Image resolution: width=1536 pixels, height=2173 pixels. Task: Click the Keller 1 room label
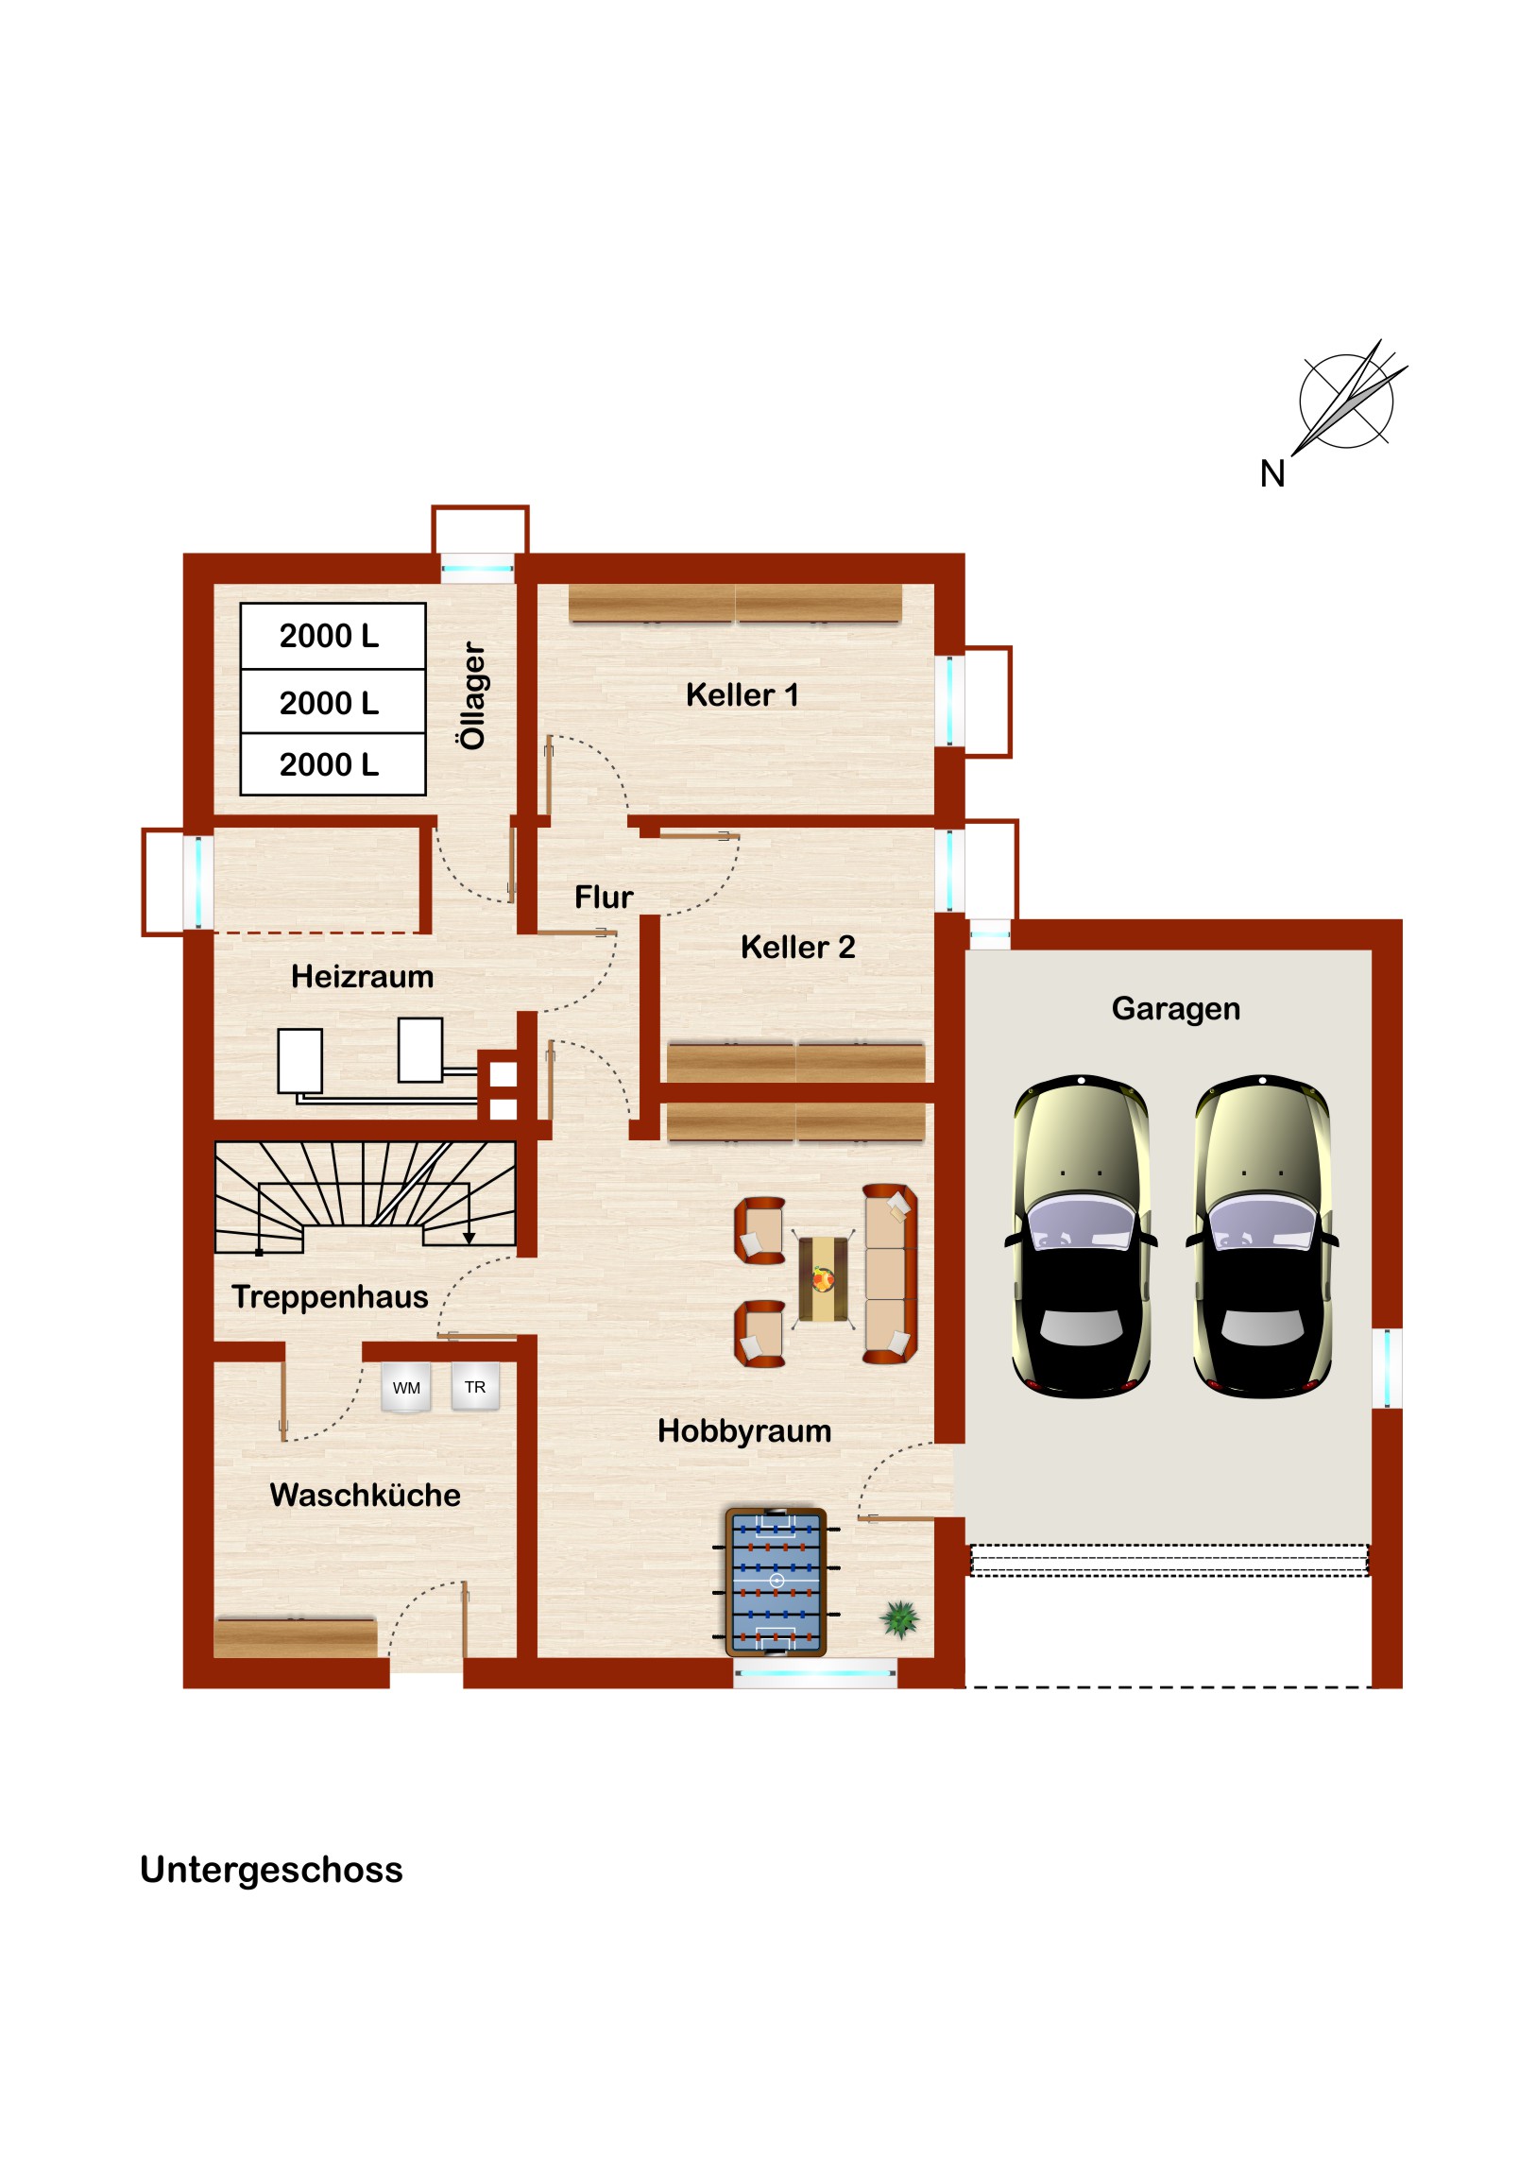(742, 694)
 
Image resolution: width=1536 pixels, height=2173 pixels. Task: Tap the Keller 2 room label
(798, 947)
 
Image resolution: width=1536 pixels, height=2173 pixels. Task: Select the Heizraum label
(363, 976)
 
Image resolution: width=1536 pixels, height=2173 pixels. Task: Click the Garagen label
(1175, 1009)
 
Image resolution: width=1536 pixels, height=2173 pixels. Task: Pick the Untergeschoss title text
(272, 1870)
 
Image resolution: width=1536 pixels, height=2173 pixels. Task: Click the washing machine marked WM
(406, 1388)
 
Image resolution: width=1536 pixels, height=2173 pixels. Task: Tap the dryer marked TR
(475, 1387)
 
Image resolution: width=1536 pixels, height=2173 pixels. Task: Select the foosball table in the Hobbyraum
(777, 1582)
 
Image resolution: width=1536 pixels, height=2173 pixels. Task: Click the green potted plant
(900, 1619)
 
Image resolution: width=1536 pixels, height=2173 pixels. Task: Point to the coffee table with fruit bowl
(824, 1279)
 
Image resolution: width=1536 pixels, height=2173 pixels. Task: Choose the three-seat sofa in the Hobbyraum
(890, 1273)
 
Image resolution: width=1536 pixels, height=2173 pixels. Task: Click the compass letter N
(1271, 474)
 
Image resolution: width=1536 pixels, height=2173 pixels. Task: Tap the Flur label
(604, 897)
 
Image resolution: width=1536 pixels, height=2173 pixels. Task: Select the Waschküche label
(366, 1495)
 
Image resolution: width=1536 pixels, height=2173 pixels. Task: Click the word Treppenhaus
(331, 1296)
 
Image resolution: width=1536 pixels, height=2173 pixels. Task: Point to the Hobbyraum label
(744, 1431)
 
